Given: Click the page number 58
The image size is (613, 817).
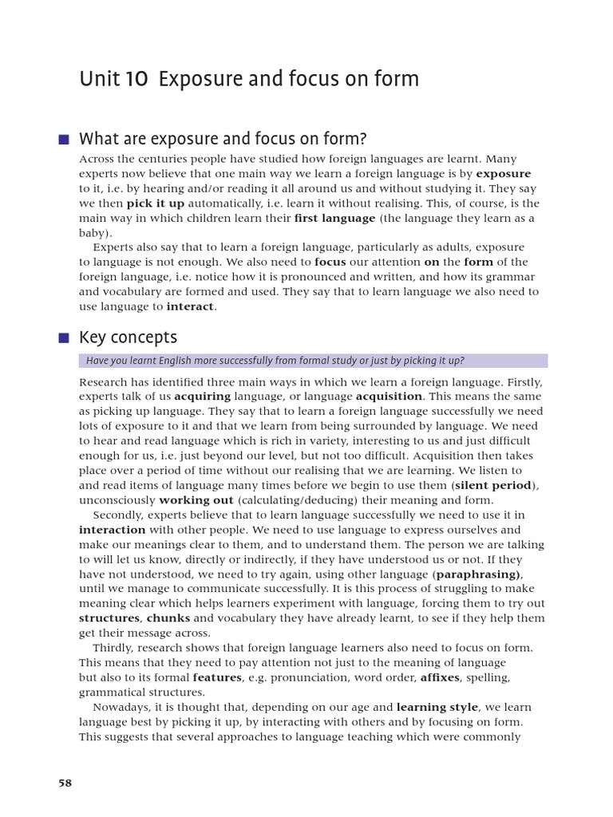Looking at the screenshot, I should [65, 783].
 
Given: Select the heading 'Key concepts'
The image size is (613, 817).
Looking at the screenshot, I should [128, 337].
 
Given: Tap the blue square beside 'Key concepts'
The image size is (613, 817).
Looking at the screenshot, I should [64, 337].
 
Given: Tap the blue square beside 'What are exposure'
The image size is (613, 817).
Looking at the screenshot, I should [64, 139].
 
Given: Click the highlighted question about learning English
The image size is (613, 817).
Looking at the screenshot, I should [275, 361].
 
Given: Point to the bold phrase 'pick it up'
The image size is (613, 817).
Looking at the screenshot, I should [156, 203].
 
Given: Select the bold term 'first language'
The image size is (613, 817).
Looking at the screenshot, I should [334, 218].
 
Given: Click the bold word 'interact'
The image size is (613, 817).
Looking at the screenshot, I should [190, 306].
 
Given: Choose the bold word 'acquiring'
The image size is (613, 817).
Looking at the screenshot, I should [203, 396].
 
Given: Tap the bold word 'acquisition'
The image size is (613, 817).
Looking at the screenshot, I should [389, 396].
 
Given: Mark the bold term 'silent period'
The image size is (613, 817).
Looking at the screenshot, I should [492, 485].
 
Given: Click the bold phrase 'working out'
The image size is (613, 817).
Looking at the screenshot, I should [196, 499].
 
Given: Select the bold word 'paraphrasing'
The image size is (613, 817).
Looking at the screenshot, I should [477, 574].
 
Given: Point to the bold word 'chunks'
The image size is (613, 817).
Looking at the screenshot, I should [168, 618].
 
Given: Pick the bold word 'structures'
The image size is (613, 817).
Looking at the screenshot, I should [109, 618].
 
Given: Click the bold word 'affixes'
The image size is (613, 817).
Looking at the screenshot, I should [439, 677].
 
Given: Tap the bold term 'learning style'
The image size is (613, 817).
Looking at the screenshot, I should [437, 707].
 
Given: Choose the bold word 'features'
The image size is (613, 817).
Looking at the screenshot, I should [217, 677].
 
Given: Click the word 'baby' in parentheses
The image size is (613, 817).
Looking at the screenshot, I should [94, 233].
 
